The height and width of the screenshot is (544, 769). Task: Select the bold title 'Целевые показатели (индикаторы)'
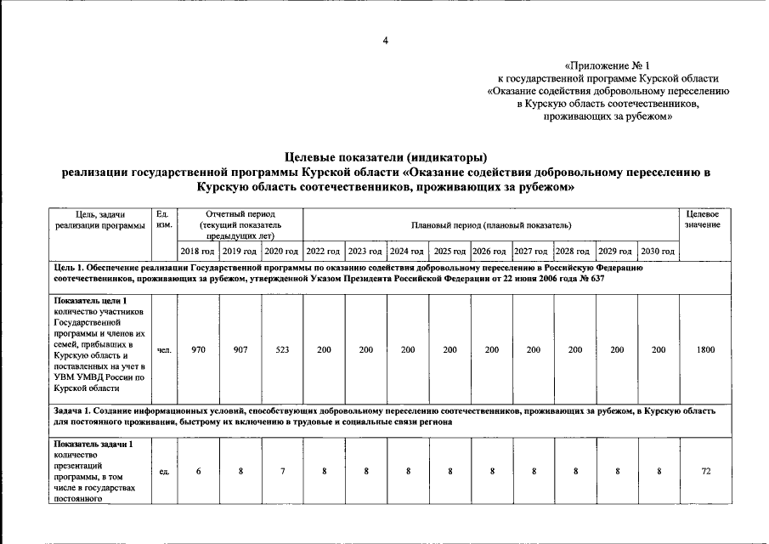coord(386,157)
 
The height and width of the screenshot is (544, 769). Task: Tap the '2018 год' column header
coord(197,252)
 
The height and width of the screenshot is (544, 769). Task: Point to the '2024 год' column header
coord(406,252)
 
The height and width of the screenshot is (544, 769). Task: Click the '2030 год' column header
coord(658,252)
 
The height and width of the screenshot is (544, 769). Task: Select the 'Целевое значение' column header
coord(703,218)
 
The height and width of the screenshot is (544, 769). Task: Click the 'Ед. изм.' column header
coord(164,218)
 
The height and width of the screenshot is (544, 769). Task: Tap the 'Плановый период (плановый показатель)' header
coord(490,225)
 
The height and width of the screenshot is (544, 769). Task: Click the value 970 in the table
coord(198,349)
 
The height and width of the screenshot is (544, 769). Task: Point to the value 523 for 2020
coord(282,349)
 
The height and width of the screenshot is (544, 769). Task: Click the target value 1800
coord(704,349)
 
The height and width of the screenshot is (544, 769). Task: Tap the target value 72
coord(704,472)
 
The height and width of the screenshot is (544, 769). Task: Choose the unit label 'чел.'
coord(164,349)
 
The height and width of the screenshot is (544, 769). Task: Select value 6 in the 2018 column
coord(198,472)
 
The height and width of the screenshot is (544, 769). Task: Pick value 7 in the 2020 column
coord(282,472)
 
